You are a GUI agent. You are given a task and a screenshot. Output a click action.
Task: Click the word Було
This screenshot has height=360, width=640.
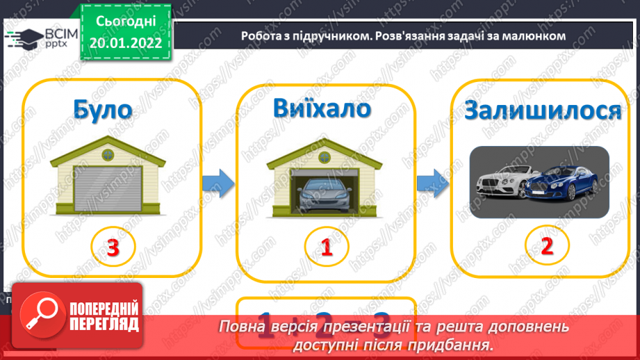pyautogui.click(x=102, y=111)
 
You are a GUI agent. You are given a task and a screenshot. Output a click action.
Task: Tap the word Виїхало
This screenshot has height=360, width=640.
pyautogui.click(x=322, y=110)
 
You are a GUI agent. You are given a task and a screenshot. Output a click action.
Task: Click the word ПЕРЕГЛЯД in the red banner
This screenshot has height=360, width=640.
pyautogui.click(x=105, y=323)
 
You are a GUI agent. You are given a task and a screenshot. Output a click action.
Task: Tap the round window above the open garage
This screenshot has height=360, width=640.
pyautogui.click(x=324, y=154)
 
